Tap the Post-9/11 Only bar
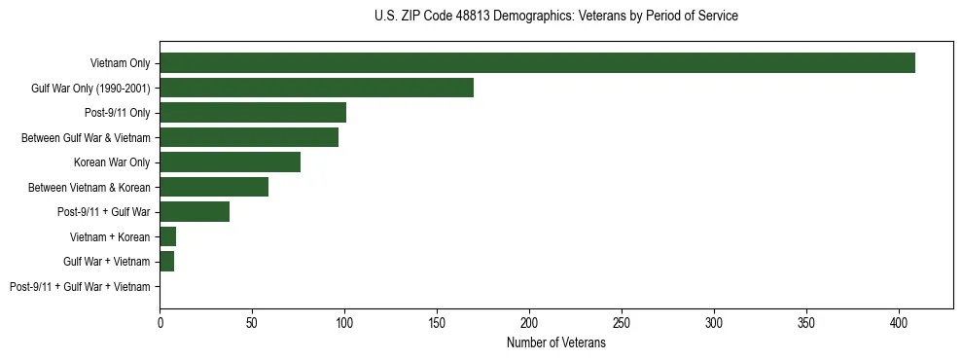point(253,113)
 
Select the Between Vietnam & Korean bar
point(214,187)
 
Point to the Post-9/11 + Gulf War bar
point(195,212)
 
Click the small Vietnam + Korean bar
point(167,236)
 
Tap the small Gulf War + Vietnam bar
point(166,262)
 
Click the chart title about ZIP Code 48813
point(556,17)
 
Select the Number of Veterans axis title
point(556,343)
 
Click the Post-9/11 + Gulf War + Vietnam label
point(80,287)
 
